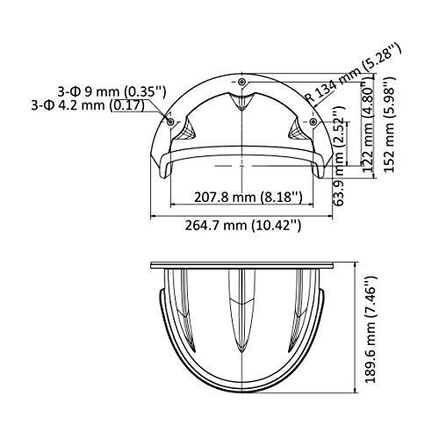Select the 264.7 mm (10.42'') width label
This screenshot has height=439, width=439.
[241, 224]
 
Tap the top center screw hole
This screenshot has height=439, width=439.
[242, 81]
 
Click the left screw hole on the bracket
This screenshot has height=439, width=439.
[169, 119]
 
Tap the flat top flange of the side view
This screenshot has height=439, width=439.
[241, 263]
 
